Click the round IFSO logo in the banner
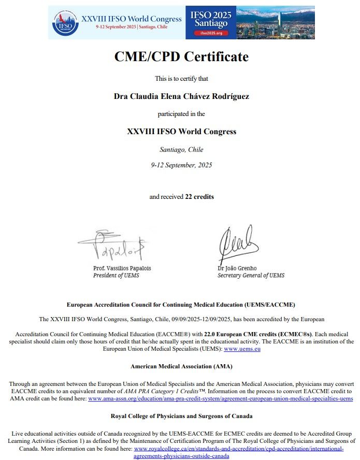65,22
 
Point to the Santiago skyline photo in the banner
275,22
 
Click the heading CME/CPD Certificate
181,56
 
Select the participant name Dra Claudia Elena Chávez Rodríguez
181,96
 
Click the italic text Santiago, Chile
181,150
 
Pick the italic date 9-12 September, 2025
181,165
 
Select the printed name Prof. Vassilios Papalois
122,268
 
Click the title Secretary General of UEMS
251,276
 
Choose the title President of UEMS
116,276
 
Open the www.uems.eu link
242,350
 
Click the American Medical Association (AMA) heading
181,366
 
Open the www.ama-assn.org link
221,399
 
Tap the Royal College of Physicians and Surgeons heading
181,416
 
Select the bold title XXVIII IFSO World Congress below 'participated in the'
181,132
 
